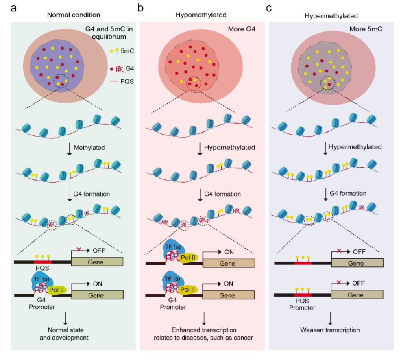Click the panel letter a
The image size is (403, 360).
click(x=13, y=8)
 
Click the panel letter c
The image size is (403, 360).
click(x=269, y=9)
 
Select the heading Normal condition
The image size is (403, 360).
click(x=74, y=15)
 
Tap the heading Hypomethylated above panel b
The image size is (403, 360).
click(x=201, y=15)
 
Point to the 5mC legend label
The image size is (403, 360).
click(x=127, y=51)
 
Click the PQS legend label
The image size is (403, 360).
click(x=127, y=81)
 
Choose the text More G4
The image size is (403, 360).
click(x=242, y=29)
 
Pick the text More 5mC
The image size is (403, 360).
click(x=366, y=29)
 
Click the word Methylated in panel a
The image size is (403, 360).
click(x=89, y=148)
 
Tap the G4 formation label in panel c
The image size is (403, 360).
click(x=348, y=193)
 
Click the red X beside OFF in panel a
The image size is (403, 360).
click(x=79, y=249)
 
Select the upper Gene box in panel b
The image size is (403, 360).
click(x=229, y=263)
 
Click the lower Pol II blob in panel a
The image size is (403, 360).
click(x=57, y=290)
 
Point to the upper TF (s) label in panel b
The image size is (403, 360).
click(x=173, y=247)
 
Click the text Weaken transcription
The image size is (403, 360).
click(x=330, y=330)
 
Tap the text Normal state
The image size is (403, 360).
click(x=66, y=330)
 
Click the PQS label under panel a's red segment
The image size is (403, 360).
click(x=43, y=268)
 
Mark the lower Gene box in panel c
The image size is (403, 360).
click(x=357, y=295)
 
